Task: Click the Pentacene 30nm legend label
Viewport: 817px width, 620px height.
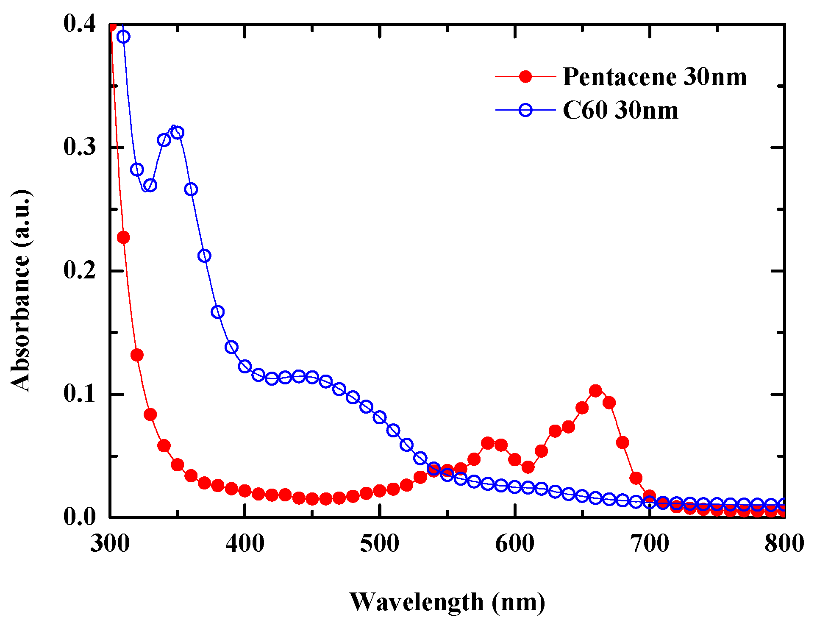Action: pos(654,77)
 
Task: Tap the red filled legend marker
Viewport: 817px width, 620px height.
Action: pos(525,77)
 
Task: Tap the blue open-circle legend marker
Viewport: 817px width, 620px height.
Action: pos(525,110)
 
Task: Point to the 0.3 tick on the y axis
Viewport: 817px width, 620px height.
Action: pos(80,147)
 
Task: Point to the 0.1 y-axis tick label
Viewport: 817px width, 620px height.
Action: pos(80,394)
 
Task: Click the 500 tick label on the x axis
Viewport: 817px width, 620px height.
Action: pos(380,544)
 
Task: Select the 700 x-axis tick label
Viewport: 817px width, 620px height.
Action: pos(650,544)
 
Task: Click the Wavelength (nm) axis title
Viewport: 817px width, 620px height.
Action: pos(447,602)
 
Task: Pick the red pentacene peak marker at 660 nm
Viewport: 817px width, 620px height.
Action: pos(595,391)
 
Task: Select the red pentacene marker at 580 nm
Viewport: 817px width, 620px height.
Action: pos(487,443)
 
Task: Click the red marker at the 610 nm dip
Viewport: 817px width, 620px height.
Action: pos(528,467)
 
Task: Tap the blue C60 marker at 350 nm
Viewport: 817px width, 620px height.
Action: pos(178,133)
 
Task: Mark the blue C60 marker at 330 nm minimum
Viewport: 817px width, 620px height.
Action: pos(150,185)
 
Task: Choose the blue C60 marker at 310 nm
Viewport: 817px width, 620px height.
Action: pos(123,37)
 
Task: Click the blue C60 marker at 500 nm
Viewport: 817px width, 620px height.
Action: pos(380,417)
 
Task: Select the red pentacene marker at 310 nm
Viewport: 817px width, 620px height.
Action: pos(123,237)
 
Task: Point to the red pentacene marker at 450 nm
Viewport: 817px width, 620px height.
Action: pos(312,499)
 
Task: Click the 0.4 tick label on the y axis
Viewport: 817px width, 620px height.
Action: pos(80,24)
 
